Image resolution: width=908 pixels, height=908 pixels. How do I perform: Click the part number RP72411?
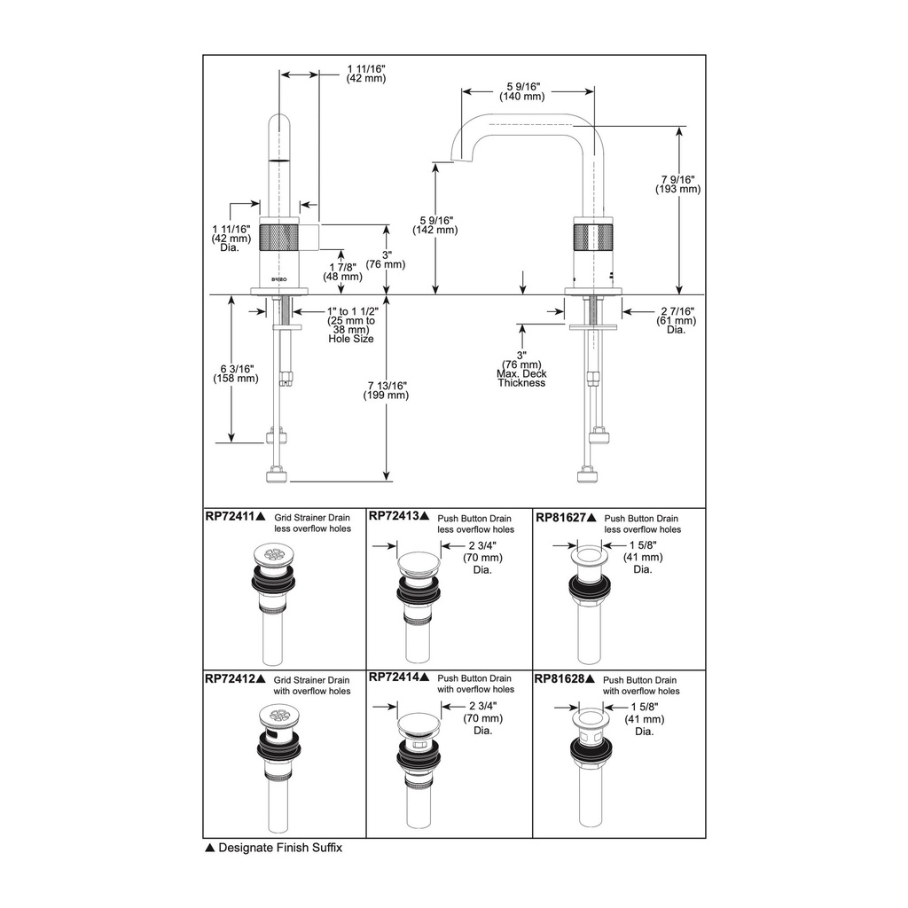pos(231,517)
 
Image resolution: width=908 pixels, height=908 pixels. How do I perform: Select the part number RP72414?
pos(395,677)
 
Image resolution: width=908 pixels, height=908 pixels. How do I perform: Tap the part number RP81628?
pos(560,678)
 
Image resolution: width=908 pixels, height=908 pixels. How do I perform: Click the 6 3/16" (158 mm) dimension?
pos(236,373)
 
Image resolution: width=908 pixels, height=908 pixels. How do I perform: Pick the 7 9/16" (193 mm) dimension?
pos(678,184)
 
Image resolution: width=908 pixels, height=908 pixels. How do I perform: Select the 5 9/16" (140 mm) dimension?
pos(522,91)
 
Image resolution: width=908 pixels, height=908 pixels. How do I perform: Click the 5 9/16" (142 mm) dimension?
pos(434,225)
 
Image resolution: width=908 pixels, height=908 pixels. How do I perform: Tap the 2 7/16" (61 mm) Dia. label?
pos(677,320)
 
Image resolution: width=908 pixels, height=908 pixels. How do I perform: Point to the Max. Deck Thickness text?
pos(521,378)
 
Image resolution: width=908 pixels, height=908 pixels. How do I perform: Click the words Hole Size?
pos(351,339)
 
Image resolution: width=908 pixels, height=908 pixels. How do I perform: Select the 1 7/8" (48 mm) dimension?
pos(343,271)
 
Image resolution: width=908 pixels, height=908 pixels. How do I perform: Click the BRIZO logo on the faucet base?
pos(279,279)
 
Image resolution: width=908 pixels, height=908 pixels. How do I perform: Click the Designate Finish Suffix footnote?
pos(274,848)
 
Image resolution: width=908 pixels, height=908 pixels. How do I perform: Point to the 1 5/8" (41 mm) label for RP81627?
pos(644,557)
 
